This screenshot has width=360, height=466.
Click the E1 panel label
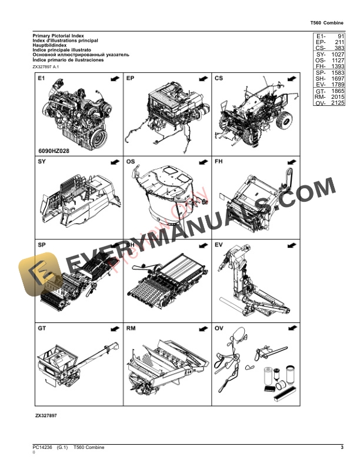tap(41, 78)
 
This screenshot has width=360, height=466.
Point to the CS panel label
tap(219, 78)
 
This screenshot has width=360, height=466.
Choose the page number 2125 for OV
tap(336, 104)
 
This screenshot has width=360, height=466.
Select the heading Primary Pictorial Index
tap(58, 36)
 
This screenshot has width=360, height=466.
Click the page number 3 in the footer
tap(342, 448)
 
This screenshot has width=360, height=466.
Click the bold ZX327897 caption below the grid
tap(46, 415)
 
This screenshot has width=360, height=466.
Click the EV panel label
tap(219, 244)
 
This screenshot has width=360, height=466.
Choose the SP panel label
tap(42, 244)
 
